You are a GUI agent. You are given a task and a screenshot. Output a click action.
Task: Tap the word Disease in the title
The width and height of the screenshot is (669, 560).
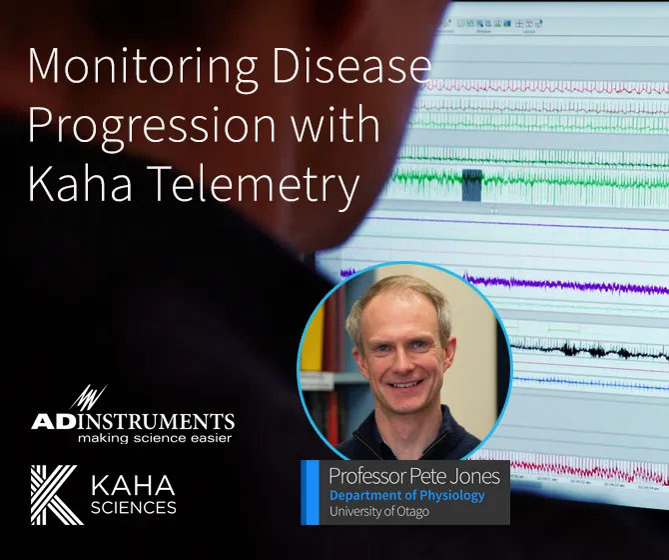tap(357, 67)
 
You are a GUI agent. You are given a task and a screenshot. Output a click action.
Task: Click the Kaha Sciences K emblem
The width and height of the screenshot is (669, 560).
tap(56, 495)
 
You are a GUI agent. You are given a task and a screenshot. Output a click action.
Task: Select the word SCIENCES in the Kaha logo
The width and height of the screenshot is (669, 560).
tap(133, 507)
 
